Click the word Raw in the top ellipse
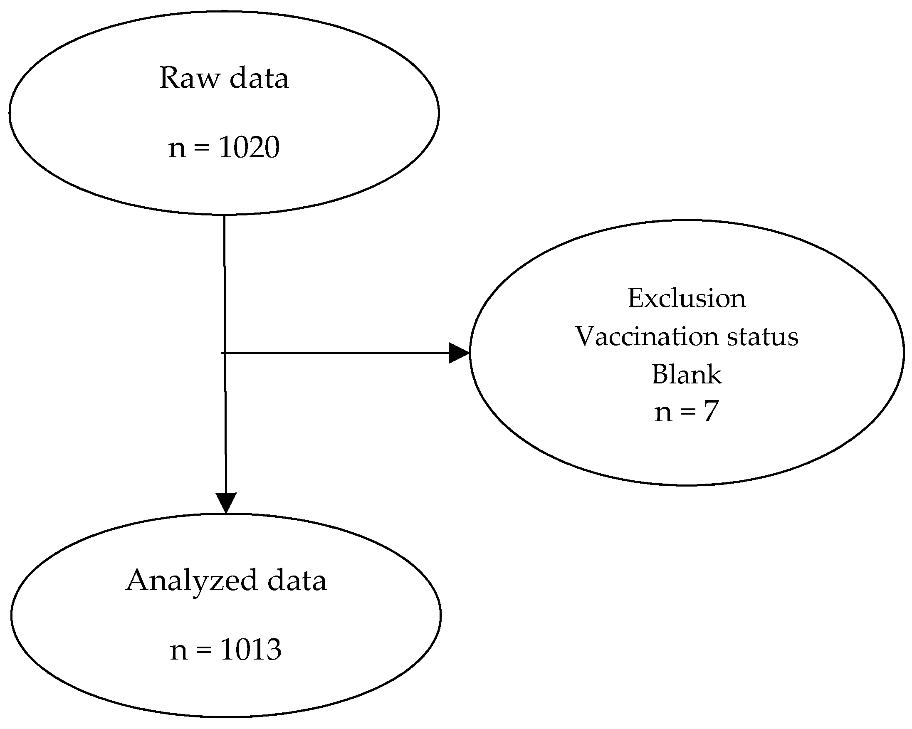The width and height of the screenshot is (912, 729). point(189,78)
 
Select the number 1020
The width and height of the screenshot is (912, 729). point(249,148)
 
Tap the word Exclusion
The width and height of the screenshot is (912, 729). point(687,298)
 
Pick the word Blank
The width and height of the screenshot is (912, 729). point(687,374)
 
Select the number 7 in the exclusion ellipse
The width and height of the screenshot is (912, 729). point(711,411)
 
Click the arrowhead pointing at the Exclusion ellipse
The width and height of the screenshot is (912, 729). point(459,353)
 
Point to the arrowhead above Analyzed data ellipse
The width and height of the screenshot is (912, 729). point(226,503)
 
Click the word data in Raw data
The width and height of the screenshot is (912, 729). point(259,78)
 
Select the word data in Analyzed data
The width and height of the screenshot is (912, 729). point(297,581)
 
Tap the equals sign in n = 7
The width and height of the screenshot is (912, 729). point(688,412)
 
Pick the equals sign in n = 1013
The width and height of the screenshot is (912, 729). point(204,650)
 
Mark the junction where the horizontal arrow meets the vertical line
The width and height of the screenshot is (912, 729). point(225,353)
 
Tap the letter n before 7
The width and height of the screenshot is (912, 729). point(663,413)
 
